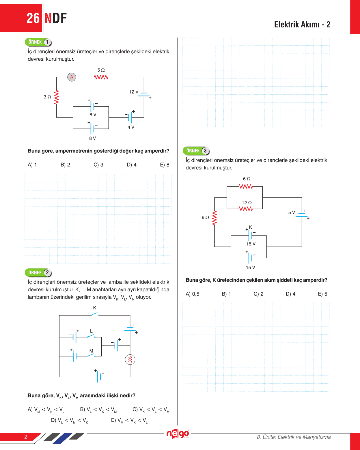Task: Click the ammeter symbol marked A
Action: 72,77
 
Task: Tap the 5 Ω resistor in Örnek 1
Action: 101,77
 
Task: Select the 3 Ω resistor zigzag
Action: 57,97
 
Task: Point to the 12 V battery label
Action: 134,92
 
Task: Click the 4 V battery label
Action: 131,127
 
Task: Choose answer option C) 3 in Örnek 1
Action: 98,165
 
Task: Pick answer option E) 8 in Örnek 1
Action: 165,165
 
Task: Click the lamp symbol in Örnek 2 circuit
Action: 130,359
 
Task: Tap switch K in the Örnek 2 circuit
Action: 95,314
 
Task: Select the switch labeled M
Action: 91,355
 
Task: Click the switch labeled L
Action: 91,336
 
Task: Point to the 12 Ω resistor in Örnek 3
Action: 246,209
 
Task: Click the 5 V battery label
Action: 292,212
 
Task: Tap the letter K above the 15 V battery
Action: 251,227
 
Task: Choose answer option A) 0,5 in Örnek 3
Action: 193,294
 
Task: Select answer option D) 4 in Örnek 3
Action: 290,294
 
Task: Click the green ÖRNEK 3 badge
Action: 196,151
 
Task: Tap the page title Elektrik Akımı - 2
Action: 302,25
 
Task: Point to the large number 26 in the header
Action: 33,18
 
